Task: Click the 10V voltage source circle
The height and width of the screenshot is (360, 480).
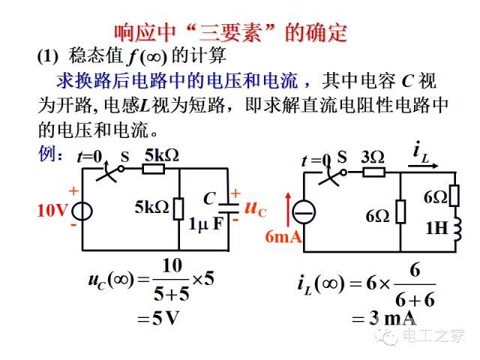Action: pyautogui.click(x=82, y=211)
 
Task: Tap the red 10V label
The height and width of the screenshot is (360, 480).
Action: pyautogui.click(x=52, y=211)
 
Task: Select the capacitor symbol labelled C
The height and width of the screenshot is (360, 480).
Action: pyautogui.click(x=228, y=208)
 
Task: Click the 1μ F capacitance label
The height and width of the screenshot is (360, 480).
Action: pyautogui.click(x=206, y=224)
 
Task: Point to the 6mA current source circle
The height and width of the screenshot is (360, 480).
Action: pyautogui.click(x=304, y=212)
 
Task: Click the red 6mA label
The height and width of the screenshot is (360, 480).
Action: pyautogui.click(x=283, y=237)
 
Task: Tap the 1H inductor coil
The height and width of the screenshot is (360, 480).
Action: pyautogui.click(x=457, y=229)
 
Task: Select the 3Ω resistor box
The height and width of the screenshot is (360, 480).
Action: pyautogui.click(x=373, y=172)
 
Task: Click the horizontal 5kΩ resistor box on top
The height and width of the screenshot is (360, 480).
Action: pyautogui.click(x=153, y=169)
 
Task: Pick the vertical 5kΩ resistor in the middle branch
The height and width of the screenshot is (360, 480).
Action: pyautogui.click(x=178, y=208)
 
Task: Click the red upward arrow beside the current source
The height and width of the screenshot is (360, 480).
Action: pyautogui.click(x=288, y=211)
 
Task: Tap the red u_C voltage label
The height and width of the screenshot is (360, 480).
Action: pyautogui.click(x=256, y=208)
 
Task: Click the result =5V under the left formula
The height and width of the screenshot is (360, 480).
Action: pyautogui.click(x=157, y=318)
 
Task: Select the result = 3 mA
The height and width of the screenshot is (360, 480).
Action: pyautogui.click(x=384, y=318)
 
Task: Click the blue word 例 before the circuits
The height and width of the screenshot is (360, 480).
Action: pyautogui.click(x=46, y=154)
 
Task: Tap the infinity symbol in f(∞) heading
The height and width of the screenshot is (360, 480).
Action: pyautogui.click(x=154, y=57)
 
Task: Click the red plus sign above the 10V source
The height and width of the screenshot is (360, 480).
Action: pyautogui.click(x=73, y=191)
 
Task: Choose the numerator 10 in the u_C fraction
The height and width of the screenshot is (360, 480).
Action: pyautogui.click(x=172, y=266)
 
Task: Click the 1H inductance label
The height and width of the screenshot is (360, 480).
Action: pyautogui.click(x=437, y=228)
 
